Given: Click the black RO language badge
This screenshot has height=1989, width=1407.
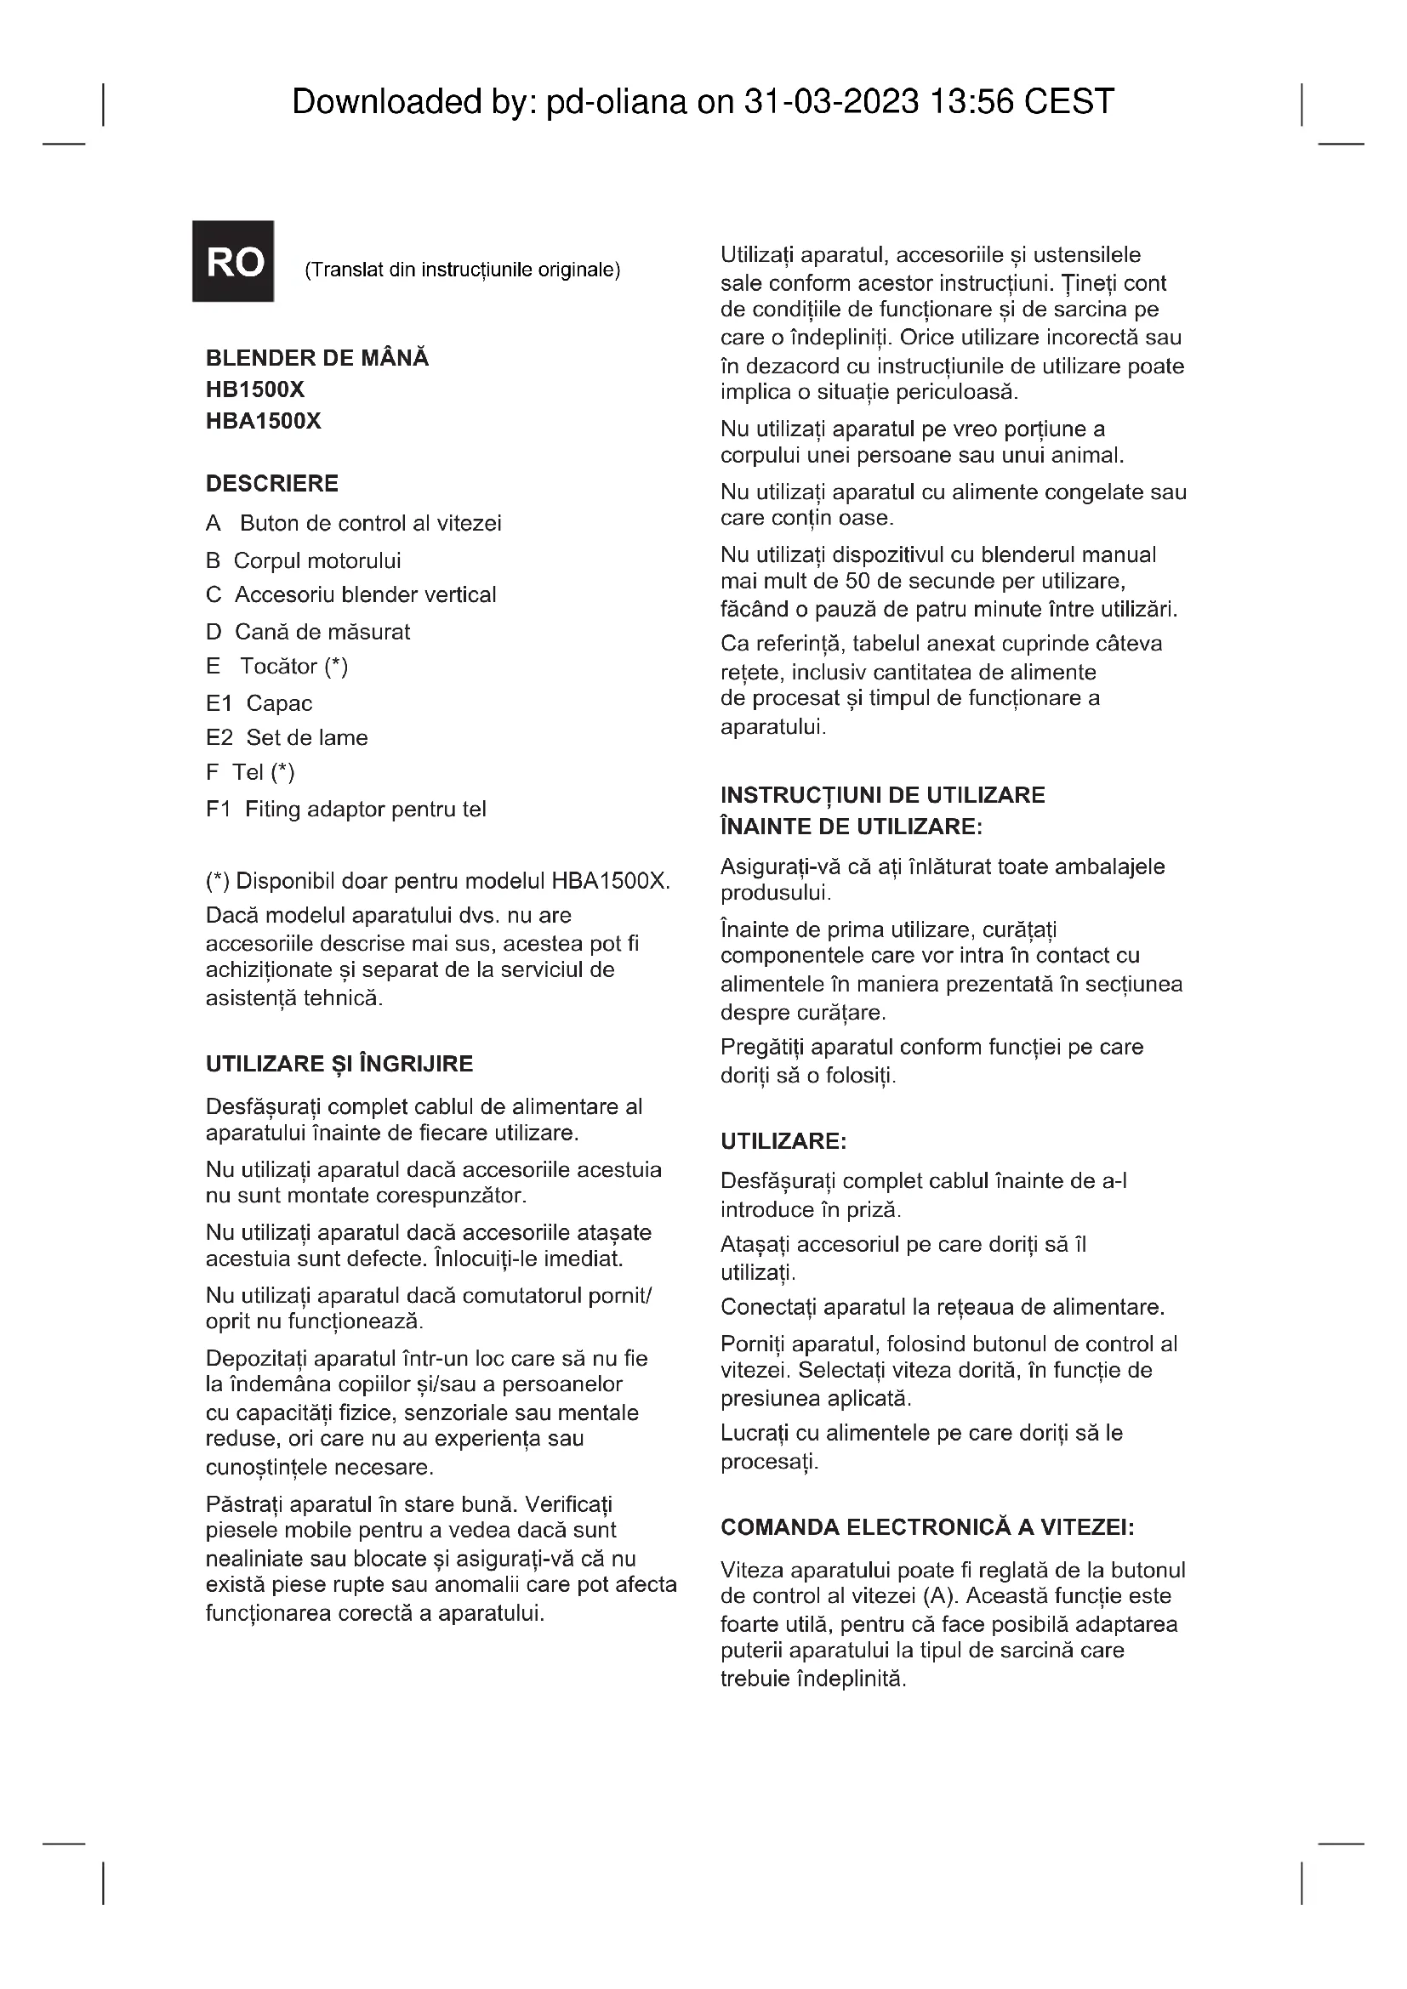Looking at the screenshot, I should pyautogui.click(x=233, y=261).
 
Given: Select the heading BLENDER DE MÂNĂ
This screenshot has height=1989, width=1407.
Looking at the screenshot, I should pyautogui.click(x=317, y=358).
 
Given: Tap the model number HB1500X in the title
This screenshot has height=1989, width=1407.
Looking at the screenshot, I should pyautogui.click(x=254, y=389).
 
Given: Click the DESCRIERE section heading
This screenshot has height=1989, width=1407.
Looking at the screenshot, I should pyautogui.click(x=271, y=482).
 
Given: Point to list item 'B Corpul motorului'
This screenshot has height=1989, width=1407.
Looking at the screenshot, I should pyautogui.click(x=303, y=560).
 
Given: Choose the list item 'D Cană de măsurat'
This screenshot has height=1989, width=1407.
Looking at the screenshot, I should pyautogui.click(x=308, y=632).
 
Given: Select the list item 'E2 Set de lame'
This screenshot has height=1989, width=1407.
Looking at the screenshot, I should pyautogui.click(x=287, y=737).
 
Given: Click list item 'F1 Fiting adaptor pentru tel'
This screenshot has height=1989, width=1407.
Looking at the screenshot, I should pyautogui.click(x=345, y=809).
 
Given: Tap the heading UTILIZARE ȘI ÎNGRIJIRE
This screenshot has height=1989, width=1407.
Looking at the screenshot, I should pyautogui.click(x=339, y=1064).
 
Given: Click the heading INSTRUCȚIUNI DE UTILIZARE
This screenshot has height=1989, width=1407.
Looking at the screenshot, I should pyautogui.click(x=882, y=794).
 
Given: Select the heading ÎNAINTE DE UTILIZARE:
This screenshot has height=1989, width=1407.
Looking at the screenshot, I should pyautogui.click(x=851, y=826).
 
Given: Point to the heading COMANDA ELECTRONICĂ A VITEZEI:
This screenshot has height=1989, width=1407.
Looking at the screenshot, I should pyautogui.click(x=927, y=1526).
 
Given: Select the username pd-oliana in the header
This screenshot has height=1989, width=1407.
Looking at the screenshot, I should pyautogui.click(x=615, y=102).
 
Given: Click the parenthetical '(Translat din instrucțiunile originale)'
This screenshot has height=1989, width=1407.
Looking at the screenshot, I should pyautogui.click(x=462, y=270).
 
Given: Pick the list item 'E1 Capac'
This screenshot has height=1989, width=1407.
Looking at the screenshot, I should pyautogui.click(x=259, y=702).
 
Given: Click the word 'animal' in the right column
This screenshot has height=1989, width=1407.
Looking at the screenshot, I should pyautogui.click(x=1087, y=455).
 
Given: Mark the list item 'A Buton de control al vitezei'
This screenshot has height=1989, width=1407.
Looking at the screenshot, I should pyautogui.click(x=354, y=523).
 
